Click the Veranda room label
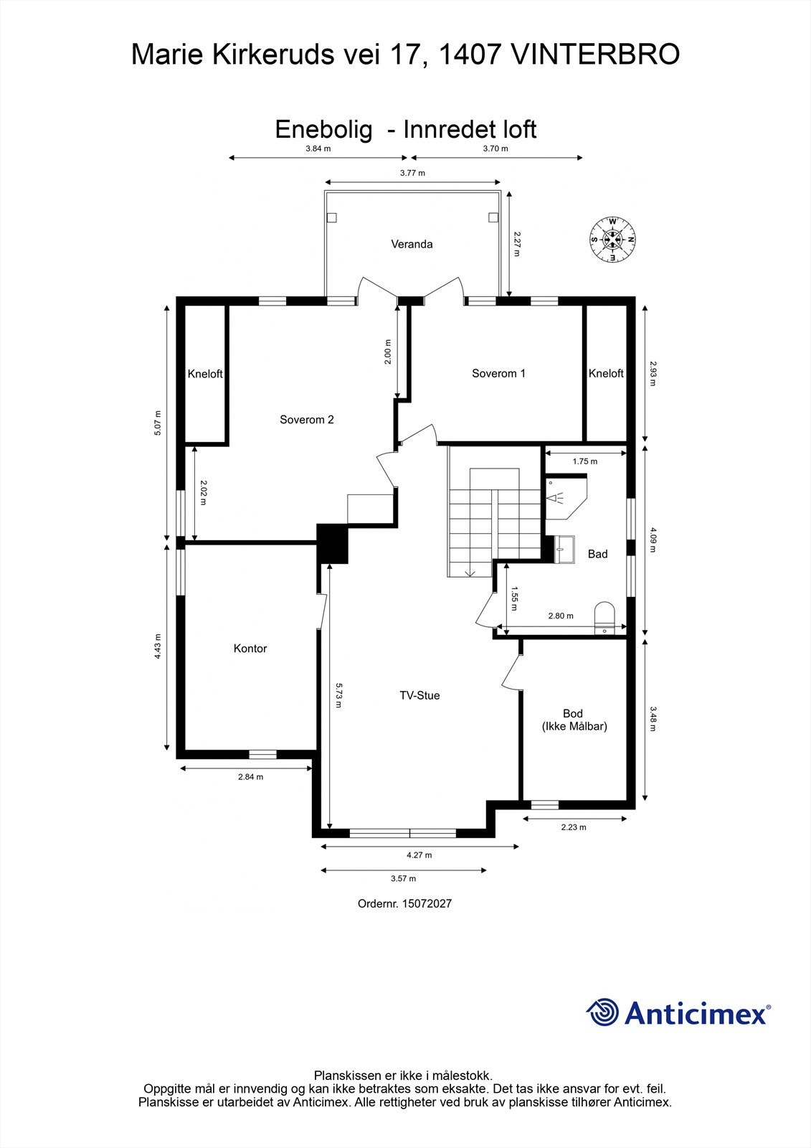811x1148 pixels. tap(412, 244)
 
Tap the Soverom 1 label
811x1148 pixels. tap(498, 373)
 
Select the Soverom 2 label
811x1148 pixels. tap(306, 420)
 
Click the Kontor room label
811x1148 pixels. tap(250, 649)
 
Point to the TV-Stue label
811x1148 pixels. tap(419, 695)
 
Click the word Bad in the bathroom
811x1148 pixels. tap(597, 554)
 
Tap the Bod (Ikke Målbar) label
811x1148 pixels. tap(574, 720)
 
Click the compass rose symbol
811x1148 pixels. tap(613, 239)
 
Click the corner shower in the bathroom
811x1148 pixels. tap(565, 497)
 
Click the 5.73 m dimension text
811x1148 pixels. tap(338, 695)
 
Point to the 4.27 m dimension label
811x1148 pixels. tap(419, 855)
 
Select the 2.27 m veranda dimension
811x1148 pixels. tap(516, 244)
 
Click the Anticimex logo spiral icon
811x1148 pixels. tap(603, 1012)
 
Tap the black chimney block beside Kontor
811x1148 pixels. tap(332, 544)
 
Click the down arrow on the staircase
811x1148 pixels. tap(470, 572)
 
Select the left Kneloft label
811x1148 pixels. tap(205, 374)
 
